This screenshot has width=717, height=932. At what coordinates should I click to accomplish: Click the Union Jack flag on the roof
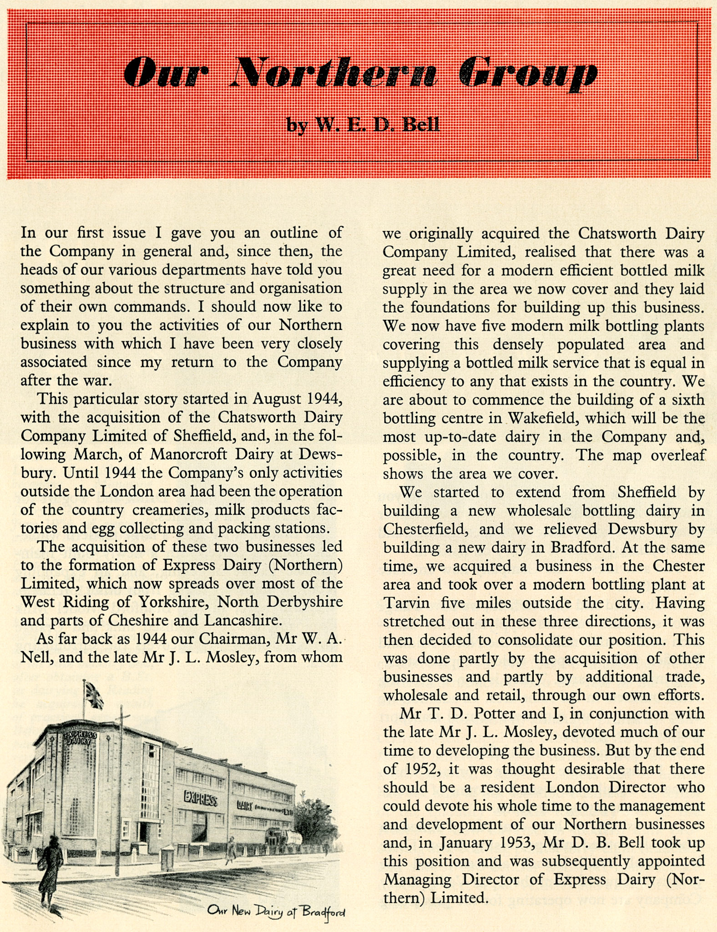[94, 695]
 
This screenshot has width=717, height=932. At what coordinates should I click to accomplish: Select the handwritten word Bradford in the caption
[323, 912]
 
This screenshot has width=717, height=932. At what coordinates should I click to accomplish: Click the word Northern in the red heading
[334, 73]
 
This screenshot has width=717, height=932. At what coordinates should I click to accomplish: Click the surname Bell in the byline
[421, 124]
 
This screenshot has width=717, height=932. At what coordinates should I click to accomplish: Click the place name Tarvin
[406, 603]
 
